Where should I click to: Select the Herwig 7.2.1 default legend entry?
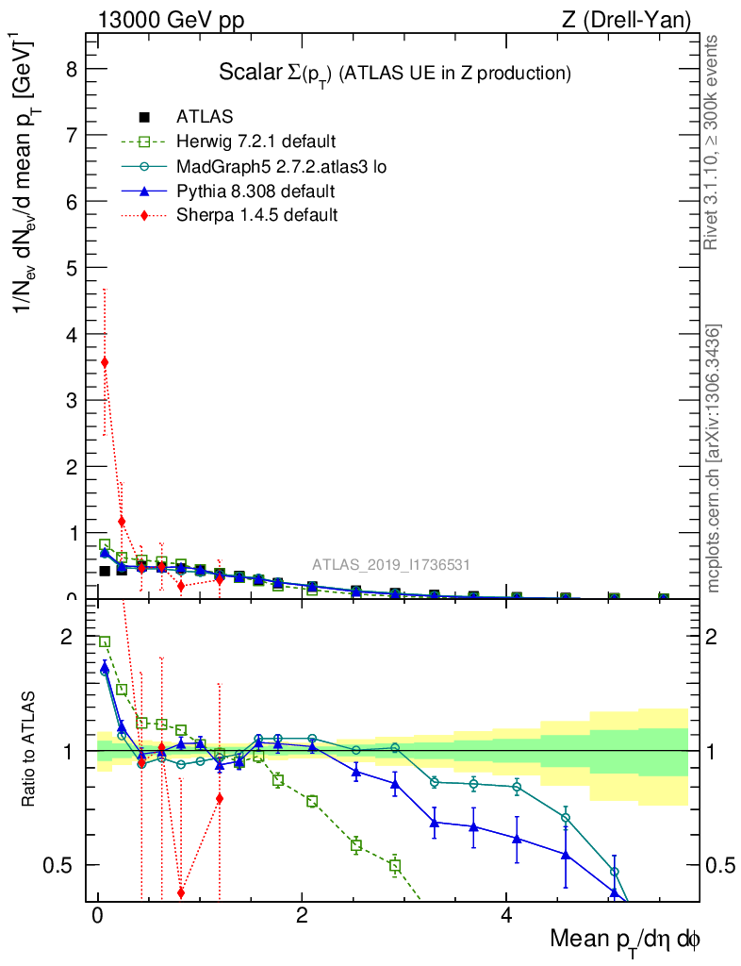[x=255, y=142]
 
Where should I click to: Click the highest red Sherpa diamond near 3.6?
[x=105, y=362]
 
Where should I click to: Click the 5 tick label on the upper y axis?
[x=70, y=268]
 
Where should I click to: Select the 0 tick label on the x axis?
[x=97, y=916]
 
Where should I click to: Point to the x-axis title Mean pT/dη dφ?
[x=625, y=941]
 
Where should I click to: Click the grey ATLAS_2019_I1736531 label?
[x=391, y=565]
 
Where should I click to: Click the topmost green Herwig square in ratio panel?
[x=105, y=641]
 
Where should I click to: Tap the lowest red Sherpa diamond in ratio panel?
[x=181, y=892]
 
